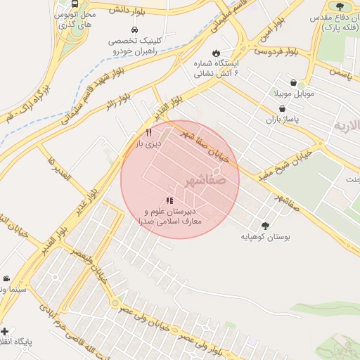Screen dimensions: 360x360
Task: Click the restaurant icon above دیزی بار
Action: (x=148, y=132)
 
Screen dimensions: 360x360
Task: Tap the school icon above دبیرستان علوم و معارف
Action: (x=169, y=200)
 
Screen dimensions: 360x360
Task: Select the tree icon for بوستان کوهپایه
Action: (x=265, y=226)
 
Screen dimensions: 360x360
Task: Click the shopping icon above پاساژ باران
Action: (x=282, y=109)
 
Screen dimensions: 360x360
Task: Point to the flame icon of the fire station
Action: (x=216, y=53)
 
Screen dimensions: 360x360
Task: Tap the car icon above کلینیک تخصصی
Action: (x=134, y=29)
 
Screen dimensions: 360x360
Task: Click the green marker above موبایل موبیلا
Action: (x=302, y=84)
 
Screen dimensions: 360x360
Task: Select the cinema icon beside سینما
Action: (x=6, y=279)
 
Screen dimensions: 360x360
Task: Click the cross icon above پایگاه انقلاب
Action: (x=5, y=331)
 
